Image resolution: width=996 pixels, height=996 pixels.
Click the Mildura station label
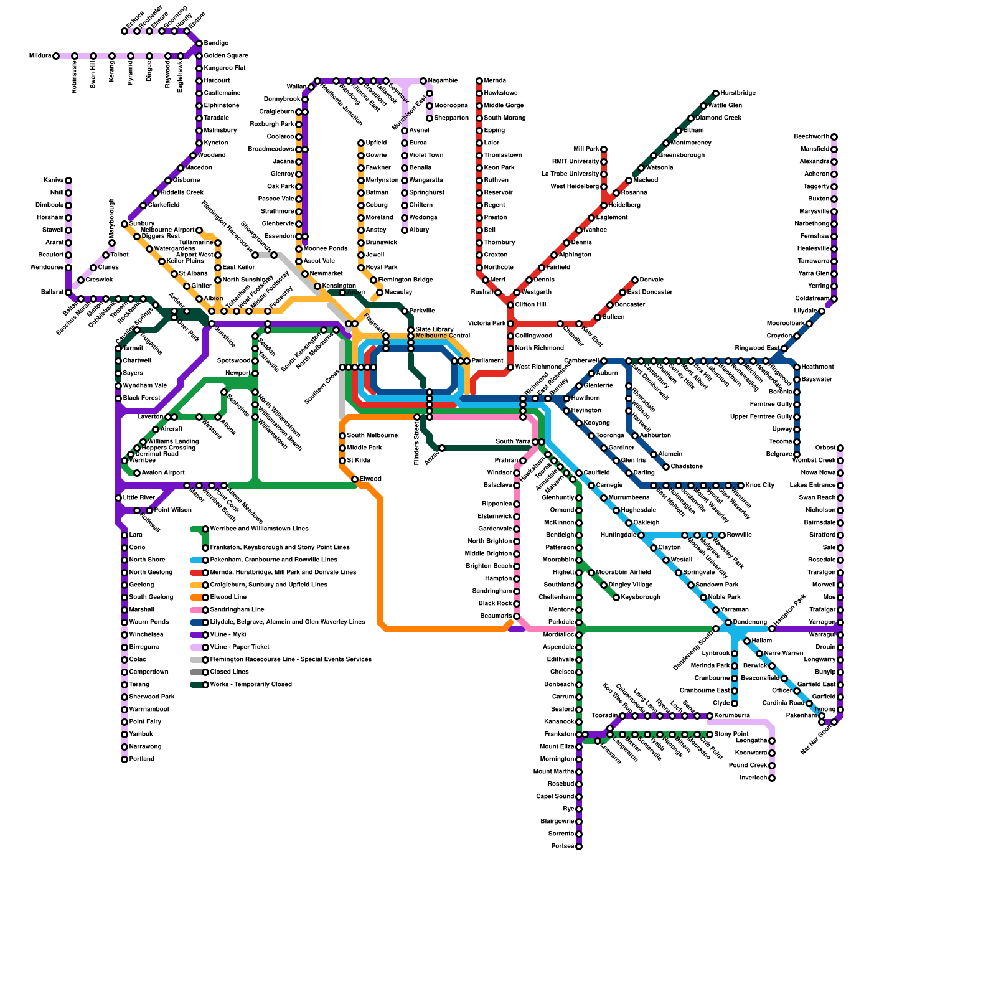[x=40, y=56]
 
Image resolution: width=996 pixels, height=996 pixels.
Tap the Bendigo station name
[x=216, y=44]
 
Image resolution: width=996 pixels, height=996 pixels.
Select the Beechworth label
[x=811, y=137]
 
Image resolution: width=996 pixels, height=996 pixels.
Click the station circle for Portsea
[x=579, y=847]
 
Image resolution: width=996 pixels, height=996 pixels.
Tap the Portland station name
[x=141, y=759]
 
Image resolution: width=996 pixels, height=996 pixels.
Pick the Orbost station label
[x=825, y=448]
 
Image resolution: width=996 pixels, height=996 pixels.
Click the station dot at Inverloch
[x=772, y=778]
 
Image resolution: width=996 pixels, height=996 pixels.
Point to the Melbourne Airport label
[x=167, y=230]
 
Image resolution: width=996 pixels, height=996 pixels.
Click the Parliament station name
[x=487, y=361]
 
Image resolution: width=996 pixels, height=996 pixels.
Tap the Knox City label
[x=759, y=486]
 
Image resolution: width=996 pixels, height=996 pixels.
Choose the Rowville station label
[x=739, y=535]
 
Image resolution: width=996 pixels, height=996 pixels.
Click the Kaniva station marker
[x=68, y=181]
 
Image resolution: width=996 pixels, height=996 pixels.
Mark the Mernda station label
[x=495, y=81]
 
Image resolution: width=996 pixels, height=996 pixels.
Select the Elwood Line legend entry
[x=228, y=598]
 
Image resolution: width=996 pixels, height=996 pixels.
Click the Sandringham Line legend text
[x=237, y=610]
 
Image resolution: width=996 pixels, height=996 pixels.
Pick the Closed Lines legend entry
[x=229, y=672]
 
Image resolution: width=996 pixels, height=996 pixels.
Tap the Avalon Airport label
[x=163, y=473]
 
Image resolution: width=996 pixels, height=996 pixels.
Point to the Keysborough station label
[x=641, y=598]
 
